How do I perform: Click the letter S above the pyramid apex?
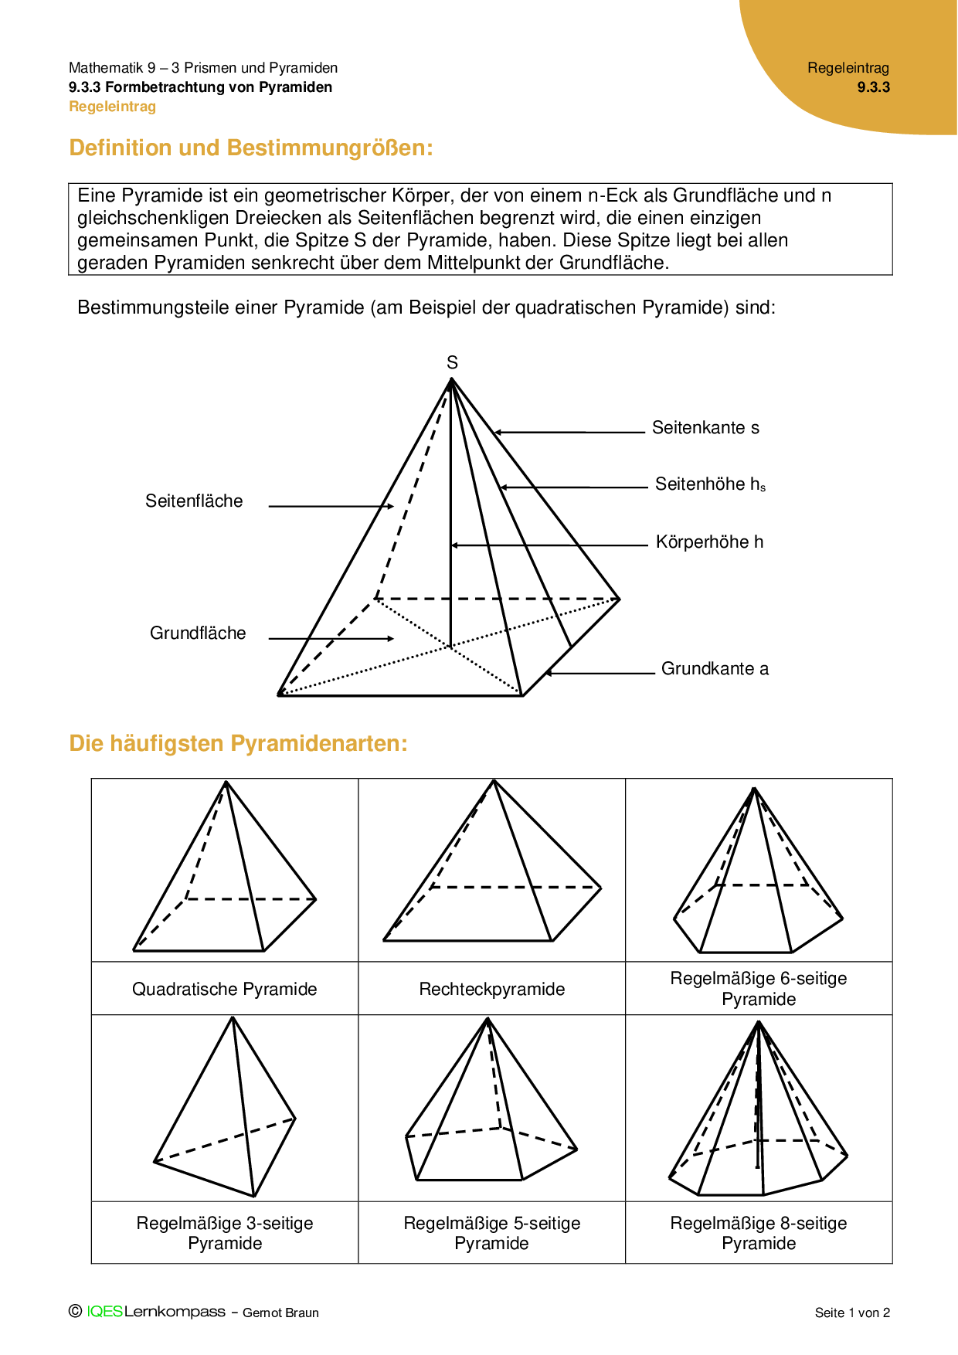point(452,362)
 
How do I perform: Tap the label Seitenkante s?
point(705,428)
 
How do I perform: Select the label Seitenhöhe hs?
point(710,484)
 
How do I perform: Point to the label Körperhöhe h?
point(709,542)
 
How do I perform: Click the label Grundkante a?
point(715,669)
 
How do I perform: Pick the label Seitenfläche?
point(194,501)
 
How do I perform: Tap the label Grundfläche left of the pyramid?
point(198,633)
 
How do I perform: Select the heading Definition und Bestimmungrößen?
point(251,148)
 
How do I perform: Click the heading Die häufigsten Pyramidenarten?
point(238,743)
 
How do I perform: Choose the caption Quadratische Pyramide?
point(224,989)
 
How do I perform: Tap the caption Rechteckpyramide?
point(491,989)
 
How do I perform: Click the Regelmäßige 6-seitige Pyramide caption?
point(758,989)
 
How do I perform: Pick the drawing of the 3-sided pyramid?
point(226,1109)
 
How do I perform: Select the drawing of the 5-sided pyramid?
point(491,1105)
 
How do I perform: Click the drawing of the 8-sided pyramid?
point(758,1109)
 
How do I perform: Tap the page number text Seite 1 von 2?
point(852,1313)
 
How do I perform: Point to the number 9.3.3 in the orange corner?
point(873,87)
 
